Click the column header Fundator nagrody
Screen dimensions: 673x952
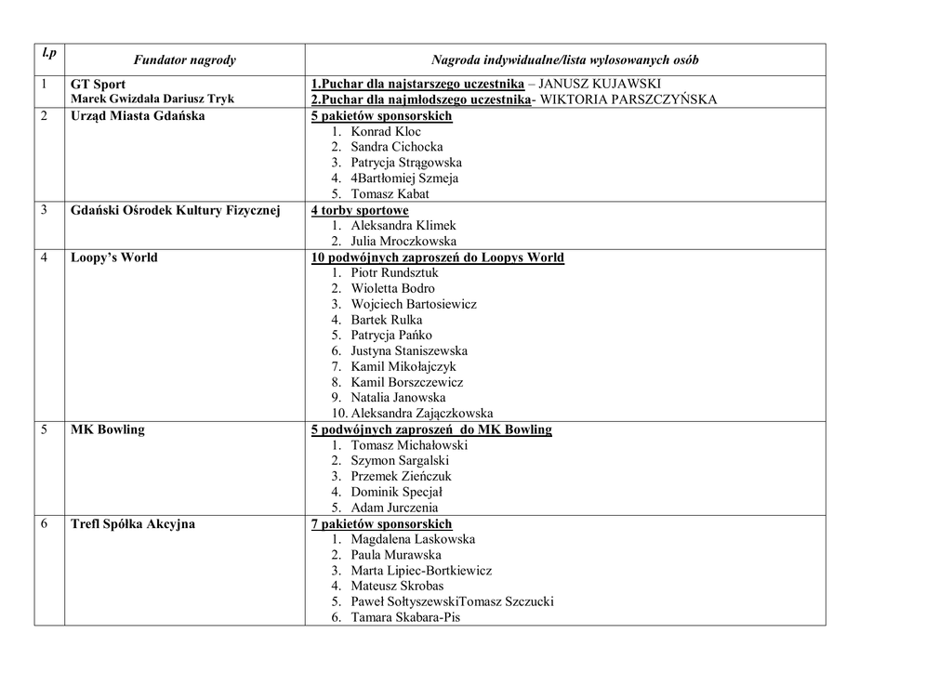[x=185, y=60]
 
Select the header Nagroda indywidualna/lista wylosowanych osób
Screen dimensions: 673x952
[x=564, y=60]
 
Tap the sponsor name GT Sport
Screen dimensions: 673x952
[x=98, y=85]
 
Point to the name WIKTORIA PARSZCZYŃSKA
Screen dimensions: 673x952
[x=628, y=100]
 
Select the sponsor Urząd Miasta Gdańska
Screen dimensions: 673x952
[x=138, y=116]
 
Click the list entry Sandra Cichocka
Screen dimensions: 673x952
[x=396, y=147]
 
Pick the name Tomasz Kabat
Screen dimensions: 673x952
[x=390, y=194]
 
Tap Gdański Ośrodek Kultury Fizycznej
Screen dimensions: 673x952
[x=175, y=210]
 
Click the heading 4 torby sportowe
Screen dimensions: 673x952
[x=360, y=211]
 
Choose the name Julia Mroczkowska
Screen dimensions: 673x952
[x=403, y=242]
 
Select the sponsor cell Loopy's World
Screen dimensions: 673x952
[x=114, y=257]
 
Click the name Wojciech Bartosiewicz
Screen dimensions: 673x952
[x=414, y=304]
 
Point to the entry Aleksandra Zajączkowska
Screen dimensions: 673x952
[x=421, y=414]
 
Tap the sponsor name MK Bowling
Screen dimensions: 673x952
[x=108, y=429]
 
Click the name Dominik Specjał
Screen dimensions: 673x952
[x=396, y=492]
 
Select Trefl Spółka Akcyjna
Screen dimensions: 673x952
[x=133, y=524]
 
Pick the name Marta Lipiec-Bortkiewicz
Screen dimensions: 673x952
[x=421, y=571]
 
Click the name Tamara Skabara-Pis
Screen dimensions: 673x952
[x=405, y=617]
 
